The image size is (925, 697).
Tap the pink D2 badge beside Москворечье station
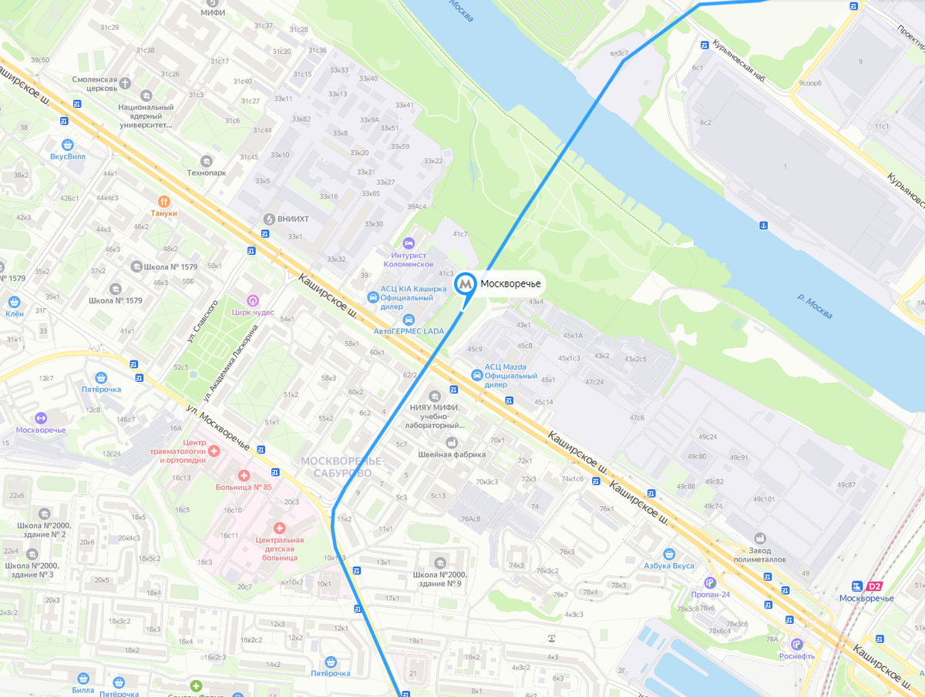873,586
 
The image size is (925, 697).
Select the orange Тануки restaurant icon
163,200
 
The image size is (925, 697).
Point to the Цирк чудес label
253,312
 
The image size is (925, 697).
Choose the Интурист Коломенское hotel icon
409,243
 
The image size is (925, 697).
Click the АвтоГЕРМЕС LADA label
409,331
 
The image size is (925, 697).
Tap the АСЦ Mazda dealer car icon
477,375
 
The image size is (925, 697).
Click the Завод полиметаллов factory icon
760,538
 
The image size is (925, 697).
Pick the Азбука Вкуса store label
669,565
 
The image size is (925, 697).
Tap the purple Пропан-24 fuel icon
709,582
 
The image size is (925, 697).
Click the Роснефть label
796,656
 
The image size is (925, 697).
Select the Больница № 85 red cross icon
244,476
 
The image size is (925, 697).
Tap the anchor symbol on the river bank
763,225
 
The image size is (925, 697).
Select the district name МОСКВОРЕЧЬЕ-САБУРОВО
341,467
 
